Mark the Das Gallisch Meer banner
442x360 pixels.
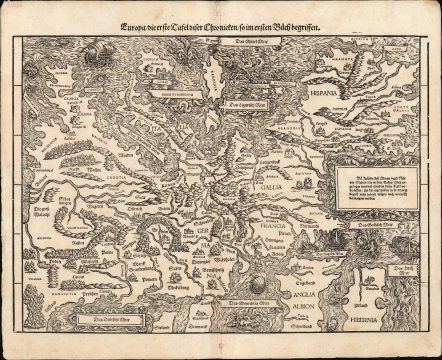click(x=376, y=229)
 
